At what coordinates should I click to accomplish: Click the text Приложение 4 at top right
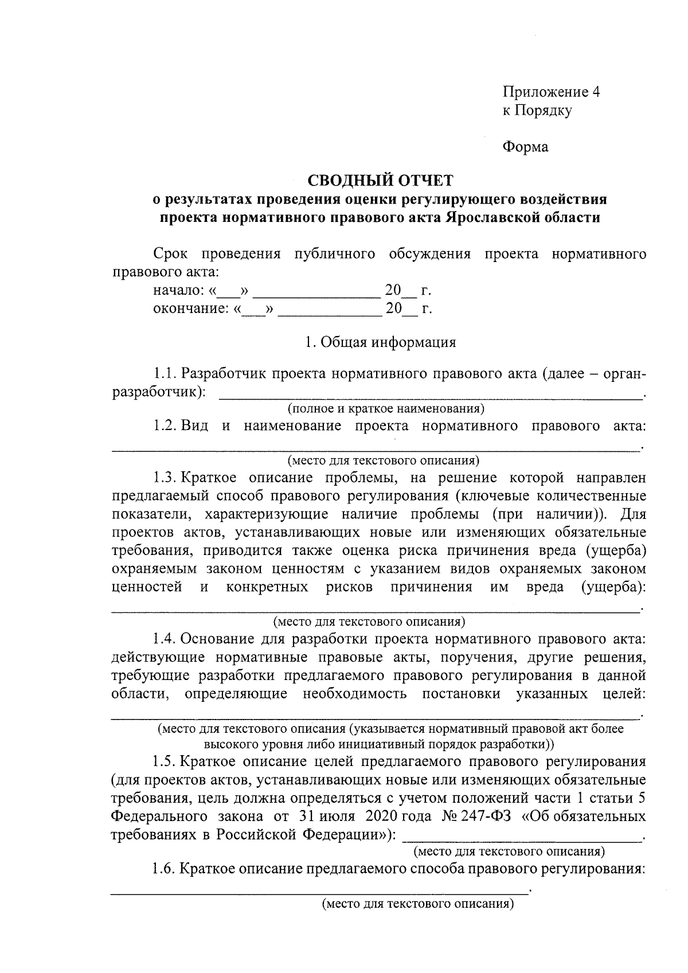(551, 92)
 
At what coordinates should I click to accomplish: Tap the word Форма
(525, 147)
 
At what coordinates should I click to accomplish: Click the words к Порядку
(537, 111)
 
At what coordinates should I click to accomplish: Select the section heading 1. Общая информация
(380, 342)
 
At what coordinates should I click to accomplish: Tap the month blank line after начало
(316, 295)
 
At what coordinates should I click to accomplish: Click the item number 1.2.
(165, 425)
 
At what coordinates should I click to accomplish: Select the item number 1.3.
(165, 477)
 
